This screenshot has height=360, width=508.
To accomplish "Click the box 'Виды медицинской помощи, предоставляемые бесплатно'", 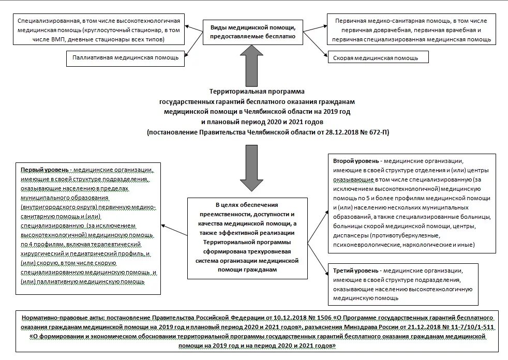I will [x=253, y=32].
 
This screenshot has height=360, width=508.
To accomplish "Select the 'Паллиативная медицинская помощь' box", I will [x=126, y=57].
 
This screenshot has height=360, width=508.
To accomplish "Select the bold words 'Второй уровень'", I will [x=356, y=161].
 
